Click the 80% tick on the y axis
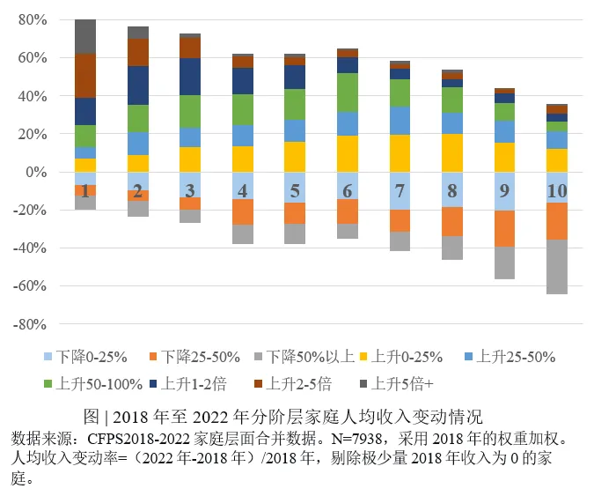(33, 19)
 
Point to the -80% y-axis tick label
(30, 324)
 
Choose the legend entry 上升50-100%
(94, 383)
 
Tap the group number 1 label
(84, 191)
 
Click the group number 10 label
(556, 191)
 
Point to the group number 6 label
(348, 191)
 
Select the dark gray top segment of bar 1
(85, 36)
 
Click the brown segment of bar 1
(85, 75)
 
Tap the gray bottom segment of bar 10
(556, 266)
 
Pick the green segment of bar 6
(348, 93)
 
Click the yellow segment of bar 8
(452, 152)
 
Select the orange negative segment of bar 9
(504, 228)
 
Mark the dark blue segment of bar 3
(190, 77)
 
